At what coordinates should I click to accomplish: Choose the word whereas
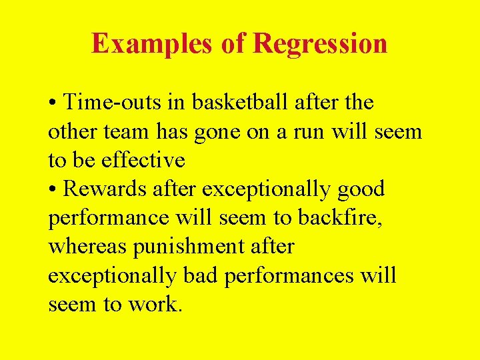pos(88,246)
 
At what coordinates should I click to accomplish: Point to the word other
pos(73,131)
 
